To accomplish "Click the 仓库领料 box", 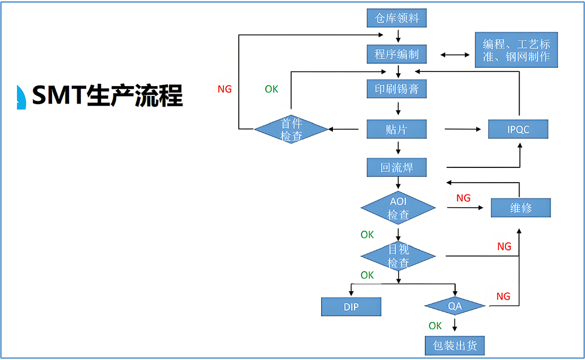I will [397, 18].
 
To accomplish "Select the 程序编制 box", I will [397, 54].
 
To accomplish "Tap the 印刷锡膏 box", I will [397, 89].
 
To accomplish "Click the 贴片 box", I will [397, 129].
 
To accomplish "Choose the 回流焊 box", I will [397, 167].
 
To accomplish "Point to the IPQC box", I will [518, 129].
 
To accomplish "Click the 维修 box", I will [520, 208].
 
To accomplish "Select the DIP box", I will [351, 306].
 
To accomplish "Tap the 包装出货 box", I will [455, 345].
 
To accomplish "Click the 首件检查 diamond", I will [291, 129].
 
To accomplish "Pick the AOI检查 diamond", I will [398, 208].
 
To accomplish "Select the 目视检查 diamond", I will [398, 256].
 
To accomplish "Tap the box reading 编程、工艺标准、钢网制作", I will [517, 51].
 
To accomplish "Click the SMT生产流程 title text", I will [107, 95].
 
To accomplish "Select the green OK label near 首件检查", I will [271, 89].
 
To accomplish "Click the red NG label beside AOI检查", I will [463, 198].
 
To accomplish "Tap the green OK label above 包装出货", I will [435, 325].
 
